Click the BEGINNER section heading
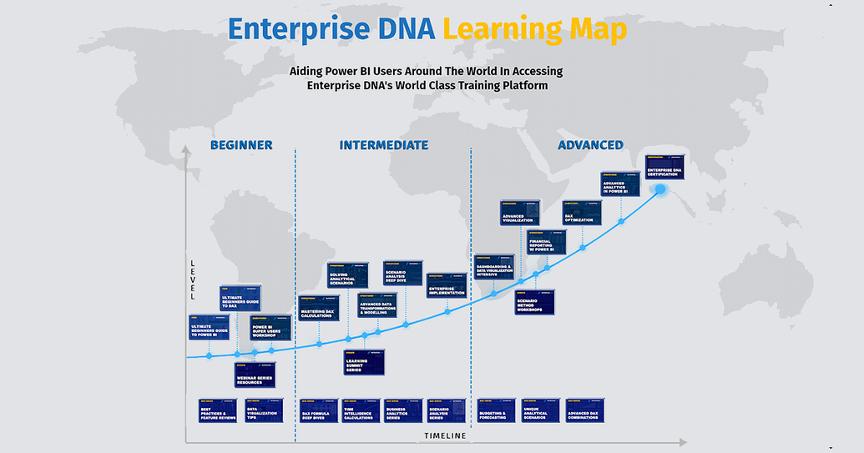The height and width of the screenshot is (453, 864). click(241, 145)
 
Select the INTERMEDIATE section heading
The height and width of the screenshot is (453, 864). click(384, 145)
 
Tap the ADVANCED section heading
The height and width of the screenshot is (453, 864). click(590, 145)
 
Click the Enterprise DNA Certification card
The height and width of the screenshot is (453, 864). click(664, 167)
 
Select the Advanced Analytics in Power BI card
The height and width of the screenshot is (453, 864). click(620, 184)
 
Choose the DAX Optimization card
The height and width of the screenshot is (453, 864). click(582, 212)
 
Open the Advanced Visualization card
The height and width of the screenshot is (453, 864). click(520, 213)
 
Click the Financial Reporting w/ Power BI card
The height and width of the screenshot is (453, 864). click(546, 242)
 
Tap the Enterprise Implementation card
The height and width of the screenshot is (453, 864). click(447, 285)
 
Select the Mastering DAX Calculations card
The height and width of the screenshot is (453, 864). click(318, 309)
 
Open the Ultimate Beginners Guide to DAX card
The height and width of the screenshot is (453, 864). click(240, 298)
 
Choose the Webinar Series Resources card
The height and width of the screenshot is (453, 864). click(255, 375)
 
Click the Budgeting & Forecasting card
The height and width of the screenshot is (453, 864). click(496, 410)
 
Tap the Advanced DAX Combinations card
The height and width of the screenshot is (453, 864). click(585, 410)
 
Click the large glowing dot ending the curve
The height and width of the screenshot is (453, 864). click(660, 189)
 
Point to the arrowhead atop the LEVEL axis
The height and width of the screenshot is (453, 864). click(184, 152)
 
